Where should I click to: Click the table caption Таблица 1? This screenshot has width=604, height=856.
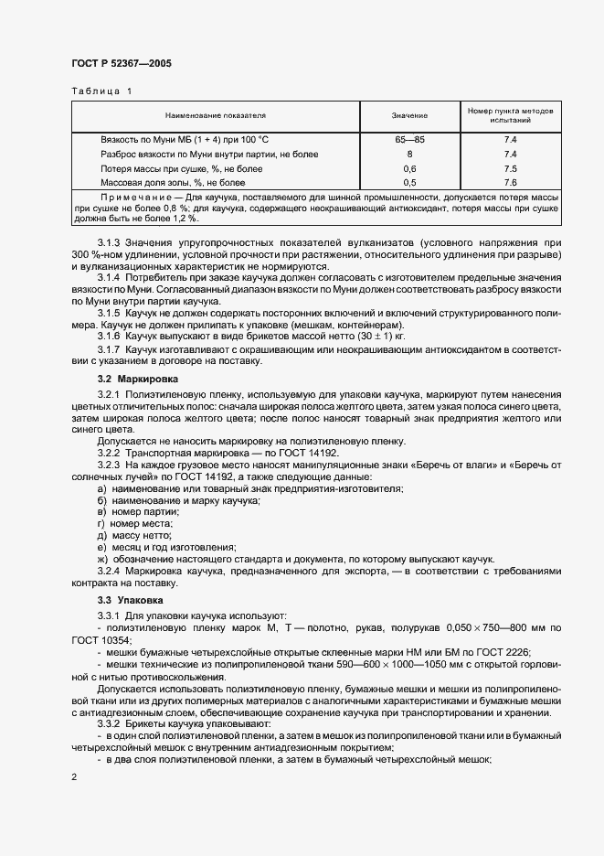pos(101,91)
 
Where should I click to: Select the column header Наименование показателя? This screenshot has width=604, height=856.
pos(216,116)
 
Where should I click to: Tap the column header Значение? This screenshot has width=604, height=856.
pos(410,116)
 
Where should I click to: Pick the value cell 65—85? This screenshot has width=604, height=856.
pos(410,140)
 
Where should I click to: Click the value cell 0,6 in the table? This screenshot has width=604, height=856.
pos(410,169)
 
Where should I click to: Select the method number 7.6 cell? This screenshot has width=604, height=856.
pos(510,183)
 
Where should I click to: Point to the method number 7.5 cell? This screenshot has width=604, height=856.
pos(510,169)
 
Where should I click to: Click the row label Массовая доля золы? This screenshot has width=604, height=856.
pos(172,183)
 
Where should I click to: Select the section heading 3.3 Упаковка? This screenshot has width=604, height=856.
pos(131,600)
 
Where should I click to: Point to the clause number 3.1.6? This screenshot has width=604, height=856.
pos(110,337)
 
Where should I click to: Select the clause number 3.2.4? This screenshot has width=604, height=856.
pos(110,571)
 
